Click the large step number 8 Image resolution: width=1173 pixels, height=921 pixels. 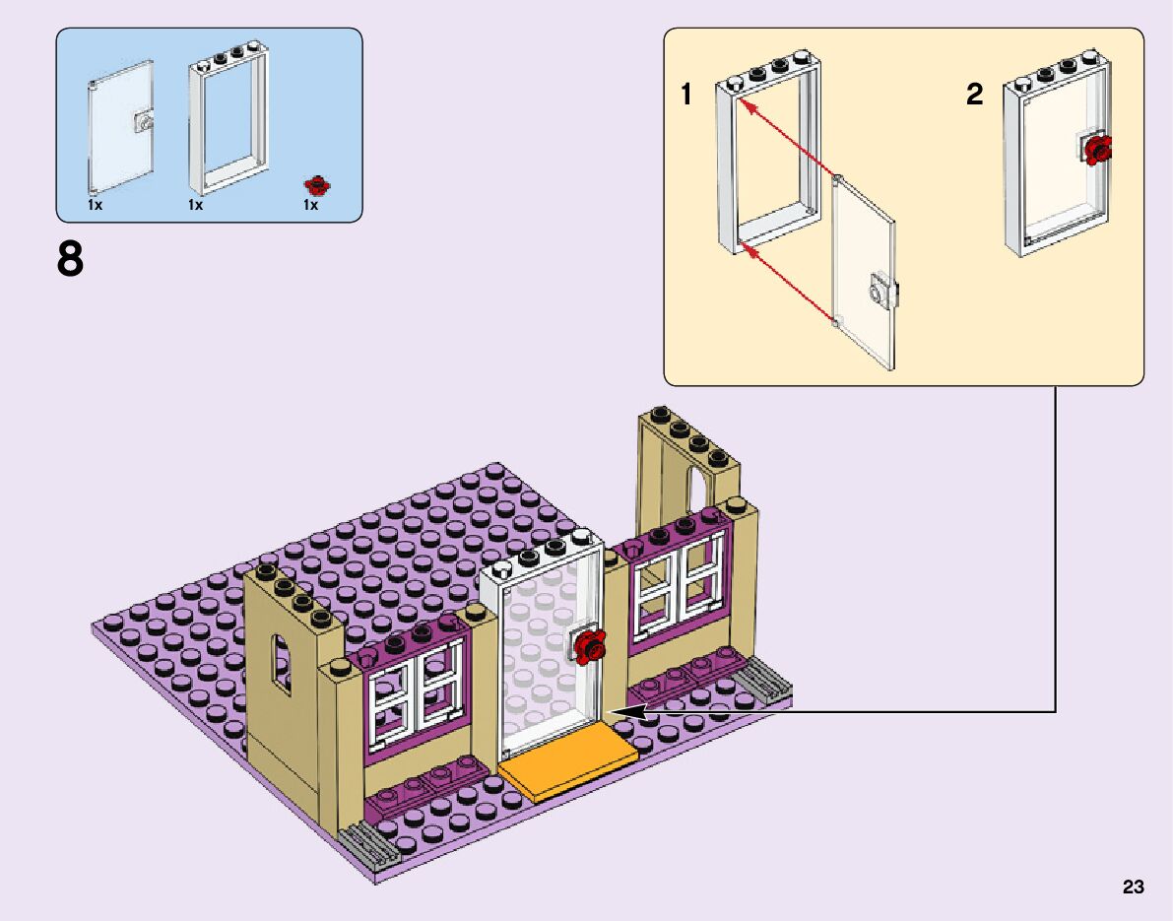coord(71,260)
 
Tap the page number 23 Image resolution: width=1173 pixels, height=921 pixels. coord(1133,888)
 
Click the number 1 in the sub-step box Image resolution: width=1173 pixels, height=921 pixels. coord(686,96)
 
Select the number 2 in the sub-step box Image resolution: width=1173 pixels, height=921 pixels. coord(974,96)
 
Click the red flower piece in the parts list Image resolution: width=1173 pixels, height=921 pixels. coord(317,184)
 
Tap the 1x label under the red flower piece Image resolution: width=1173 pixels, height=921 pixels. coord(310,206)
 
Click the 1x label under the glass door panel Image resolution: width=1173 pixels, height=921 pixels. coord(95,206)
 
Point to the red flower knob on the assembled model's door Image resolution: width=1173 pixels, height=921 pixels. coord(591,646)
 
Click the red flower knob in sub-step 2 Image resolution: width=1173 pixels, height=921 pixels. coord(1097,149)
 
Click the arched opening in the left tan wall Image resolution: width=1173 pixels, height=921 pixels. coord(283,666)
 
